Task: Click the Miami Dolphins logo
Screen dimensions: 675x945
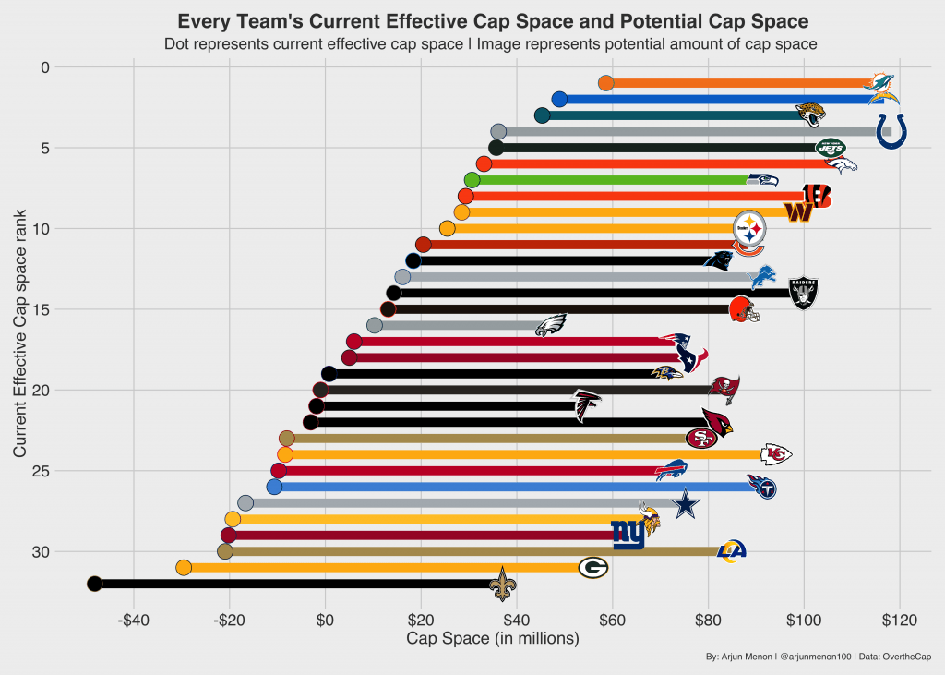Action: [879, 82]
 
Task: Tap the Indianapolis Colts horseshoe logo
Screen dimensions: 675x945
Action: [890, 131]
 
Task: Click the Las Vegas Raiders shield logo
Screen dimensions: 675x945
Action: [803, 294]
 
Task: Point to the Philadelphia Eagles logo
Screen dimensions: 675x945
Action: [551, 325]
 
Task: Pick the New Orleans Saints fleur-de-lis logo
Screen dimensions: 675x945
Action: [502, 584]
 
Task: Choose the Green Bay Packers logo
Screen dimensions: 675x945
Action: [592, 568]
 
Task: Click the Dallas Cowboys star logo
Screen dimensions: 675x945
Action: [685, 503]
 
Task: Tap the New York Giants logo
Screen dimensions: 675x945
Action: [628, 535]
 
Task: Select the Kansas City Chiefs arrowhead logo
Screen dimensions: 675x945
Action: [775, 454]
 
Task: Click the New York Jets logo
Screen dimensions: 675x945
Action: [831, 147]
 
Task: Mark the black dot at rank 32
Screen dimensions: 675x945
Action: [94, 584]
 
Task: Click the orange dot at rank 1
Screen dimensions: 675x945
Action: [606, 83]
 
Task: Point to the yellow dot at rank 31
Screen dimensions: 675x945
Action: [184, 567]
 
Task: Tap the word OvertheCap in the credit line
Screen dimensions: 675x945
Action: [906, 657]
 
